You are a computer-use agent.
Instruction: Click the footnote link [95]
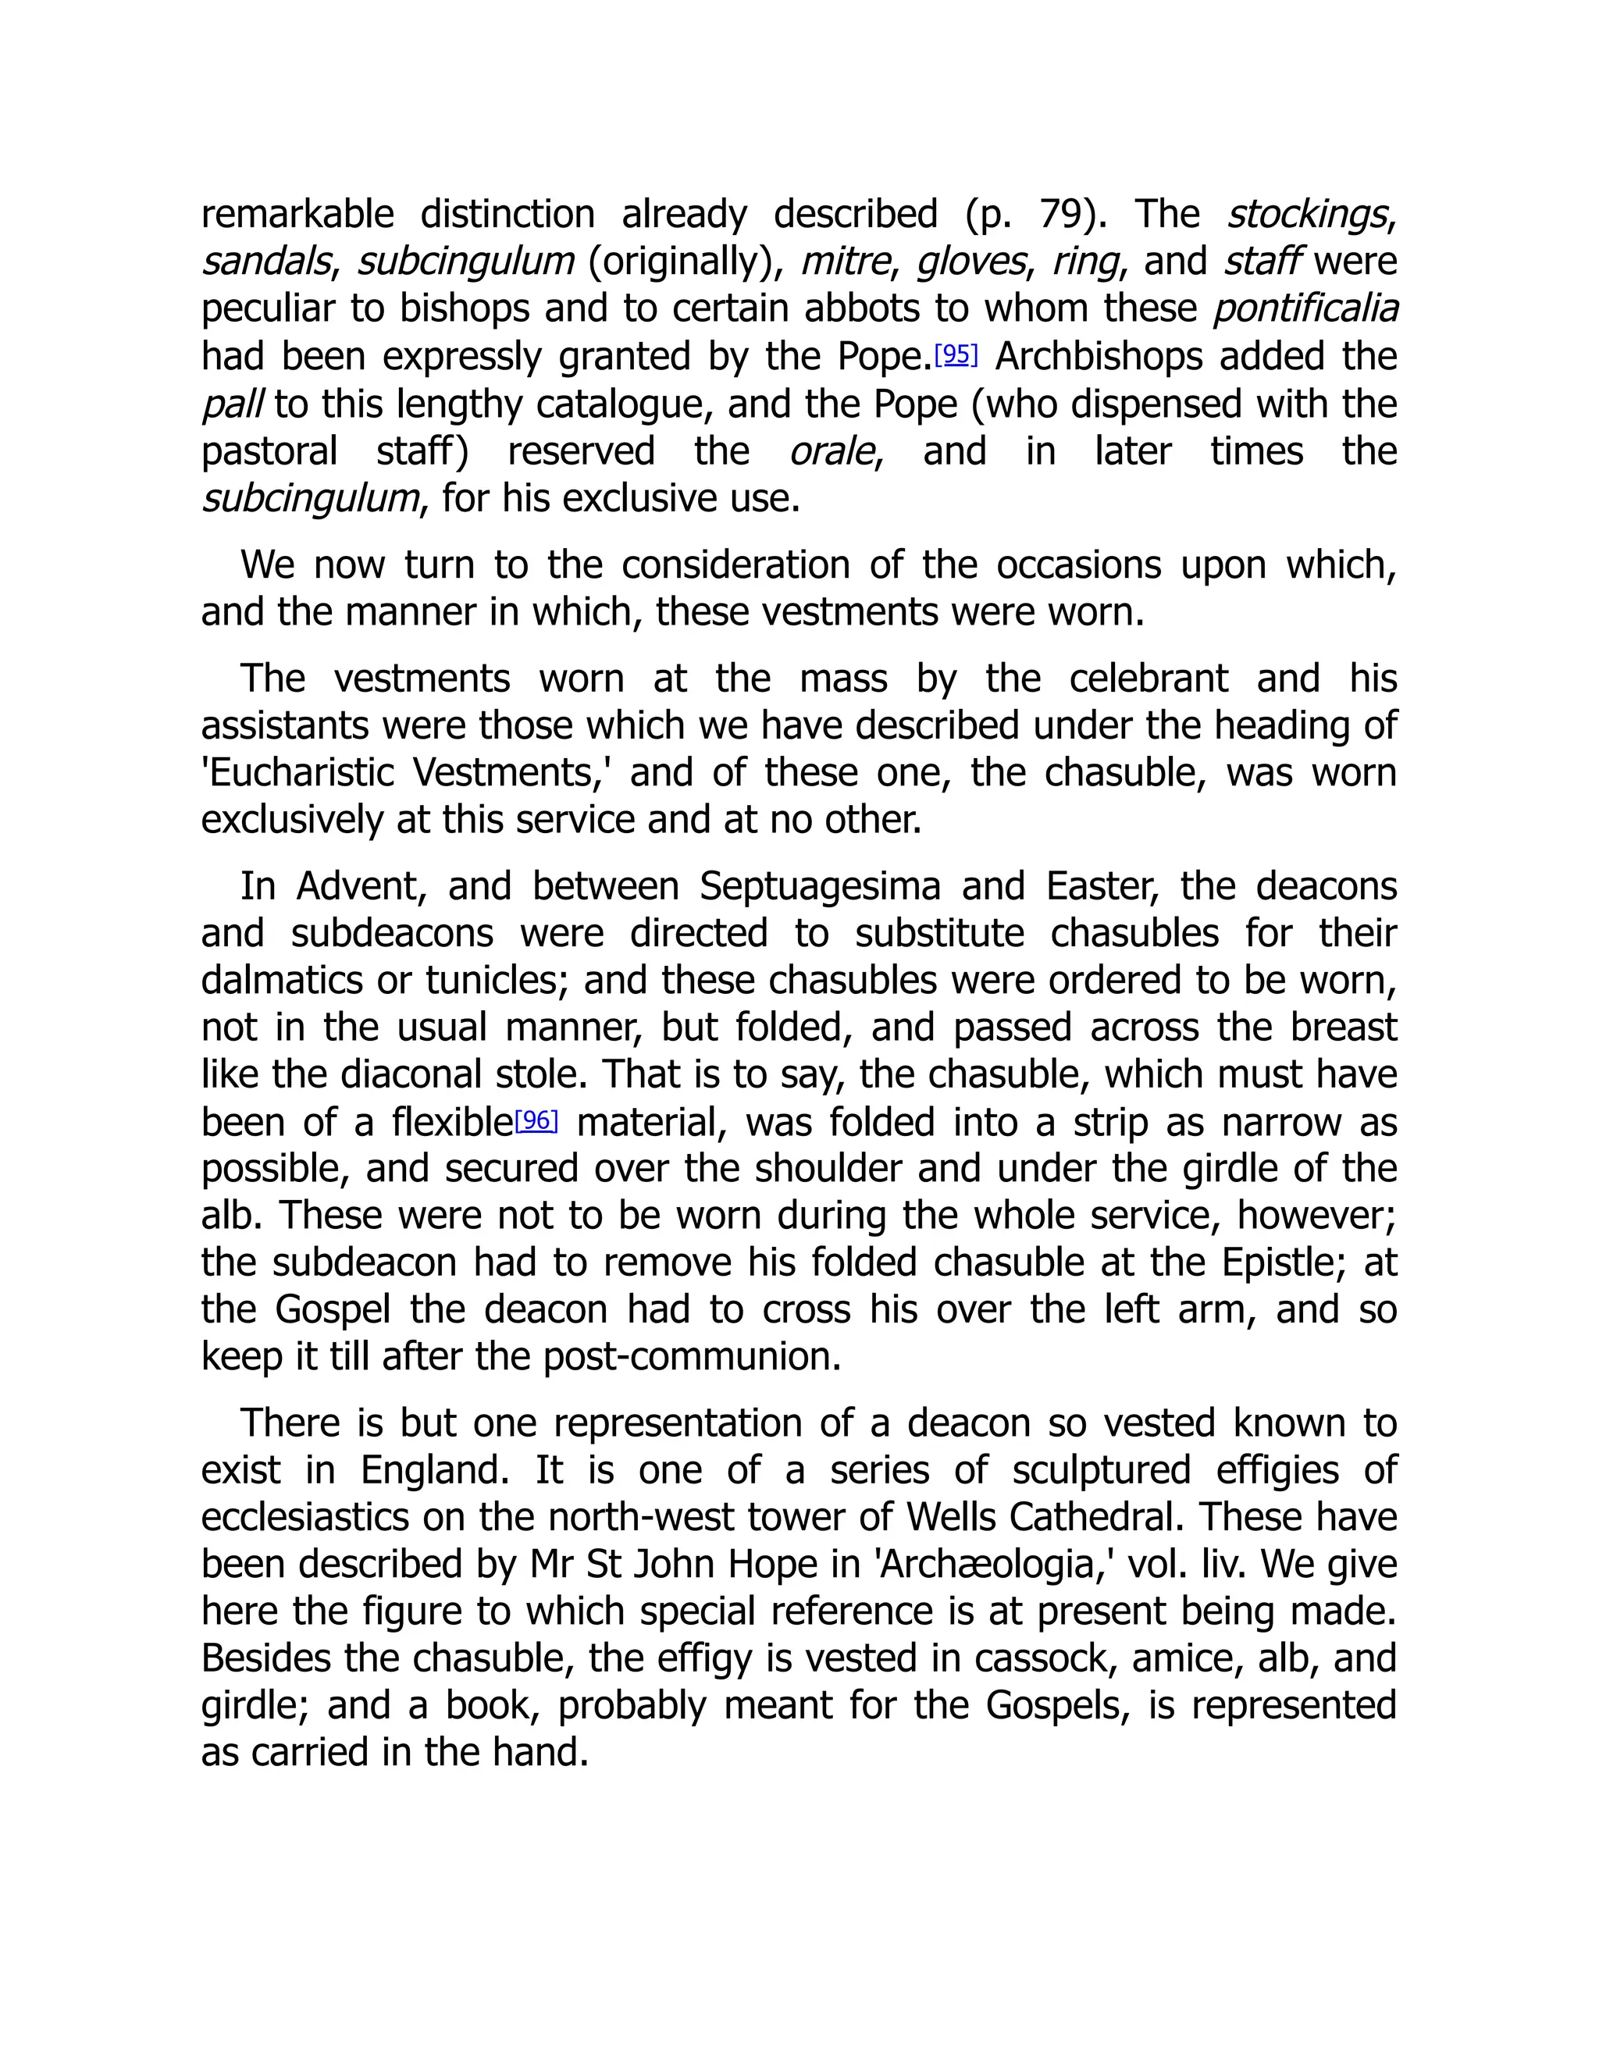click(955, 355)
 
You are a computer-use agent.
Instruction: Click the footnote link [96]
click(536, 1120)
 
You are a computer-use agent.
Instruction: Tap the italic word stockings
click(1307, 215)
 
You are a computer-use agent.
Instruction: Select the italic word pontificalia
click(1305, 309)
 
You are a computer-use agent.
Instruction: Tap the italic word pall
click(231, 404)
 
